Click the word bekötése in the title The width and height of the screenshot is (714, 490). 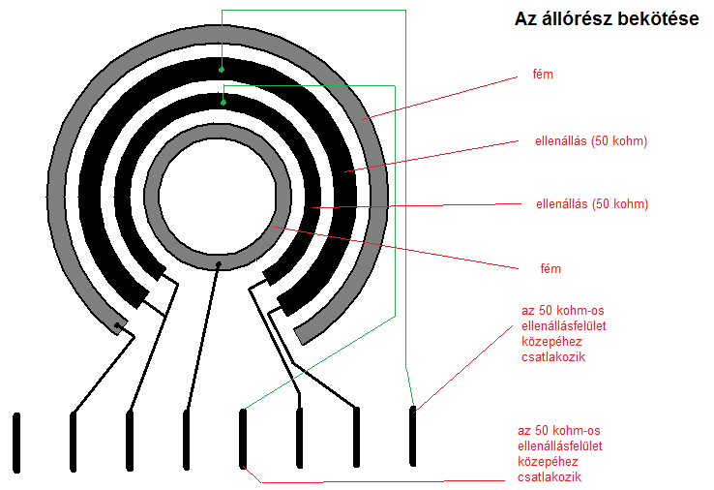657,18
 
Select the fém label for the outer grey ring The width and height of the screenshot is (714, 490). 544,74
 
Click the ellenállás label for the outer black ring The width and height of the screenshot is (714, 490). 591,141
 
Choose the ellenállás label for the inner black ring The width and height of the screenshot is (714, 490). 591,204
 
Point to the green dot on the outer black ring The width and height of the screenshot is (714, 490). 222,70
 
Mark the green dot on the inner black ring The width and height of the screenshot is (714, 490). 223,102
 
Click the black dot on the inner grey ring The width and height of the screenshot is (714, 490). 219,263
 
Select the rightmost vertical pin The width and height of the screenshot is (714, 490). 413,437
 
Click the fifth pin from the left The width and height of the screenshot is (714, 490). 243,439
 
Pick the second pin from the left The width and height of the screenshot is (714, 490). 73,441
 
